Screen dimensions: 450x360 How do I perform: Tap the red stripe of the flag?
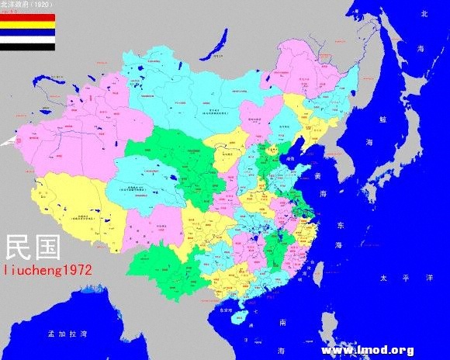click(27, 17)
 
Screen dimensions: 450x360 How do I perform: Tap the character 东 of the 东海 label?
click(338, 226)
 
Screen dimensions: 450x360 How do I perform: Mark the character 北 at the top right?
click(424, 14)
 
